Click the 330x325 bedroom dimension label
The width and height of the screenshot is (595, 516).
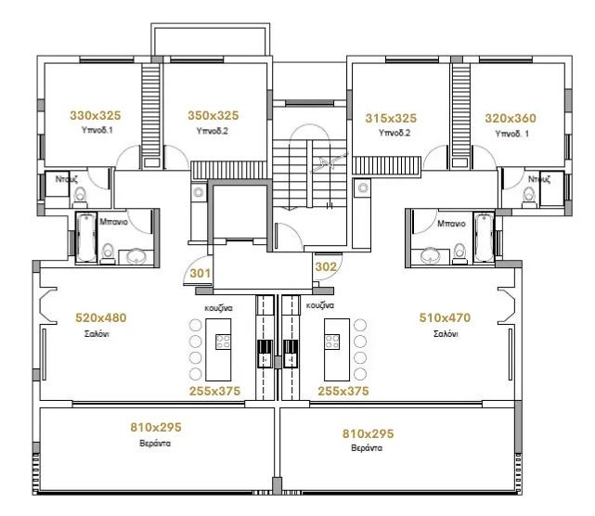(x=97, y=116)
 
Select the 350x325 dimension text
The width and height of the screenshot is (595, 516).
(x=213, y=116)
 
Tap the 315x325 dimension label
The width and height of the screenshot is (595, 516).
(x=391, y=119)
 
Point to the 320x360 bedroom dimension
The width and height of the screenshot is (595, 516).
(x=511, y=119)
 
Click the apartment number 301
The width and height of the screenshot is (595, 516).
(x=200, y=274)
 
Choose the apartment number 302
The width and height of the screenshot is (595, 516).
(x=326, y=266)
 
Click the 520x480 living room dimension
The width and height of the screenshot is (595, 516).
(x=100, y=317)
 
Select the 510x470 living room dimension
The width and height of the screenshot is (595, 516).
(x=445, y=317)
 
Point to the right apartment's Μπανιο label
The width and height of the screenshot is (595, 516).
(x=450, y=224)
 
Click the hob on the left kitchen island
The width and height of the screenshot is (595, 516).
(x=224, y=342)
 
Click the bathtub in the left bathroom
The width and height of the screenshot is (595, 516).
(x=85, y=237)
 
